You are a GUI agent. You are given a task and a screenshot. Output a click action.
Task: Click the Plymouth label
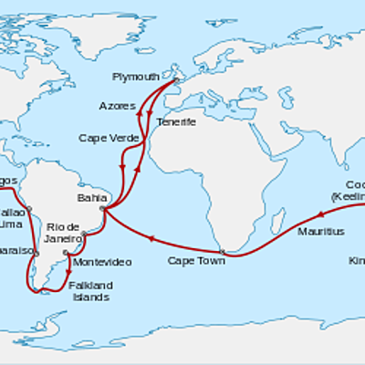[x=135, y=76]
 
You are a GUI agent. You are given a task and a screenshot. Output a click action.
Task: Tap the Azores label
[x=116, y=107]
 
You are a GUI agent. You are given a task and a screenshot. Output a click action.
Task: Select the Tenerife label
[x=175, y=121]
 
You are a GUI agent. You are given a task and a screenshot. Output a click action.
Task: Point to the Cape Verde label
[x=103, y=139]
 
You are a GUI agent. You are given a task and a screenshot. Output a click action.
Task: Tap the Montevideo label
[x=101, y=262]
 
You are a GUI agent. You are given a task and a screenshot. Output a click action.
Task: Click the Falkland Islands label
[x=90, y=291]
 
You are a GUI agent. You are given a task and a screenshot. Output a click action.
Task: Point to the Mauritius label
[x=321, y=232]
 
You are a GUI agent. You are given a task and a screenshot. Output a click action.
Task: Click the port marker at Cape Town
[x=223, y=252]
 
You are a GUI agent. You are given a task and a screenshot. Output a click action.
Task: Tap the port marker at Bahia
[x=106, y=210]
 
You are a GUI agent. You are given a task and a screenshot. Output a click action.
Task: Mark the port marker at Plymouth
[x=175, y=80]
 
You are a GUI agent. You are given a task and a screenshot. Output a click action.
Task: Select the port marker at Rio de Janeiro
[x=84, y=235]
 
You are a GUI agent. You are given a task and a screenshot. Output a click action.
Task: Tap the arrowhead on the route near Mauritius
[x=321, y=214]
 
